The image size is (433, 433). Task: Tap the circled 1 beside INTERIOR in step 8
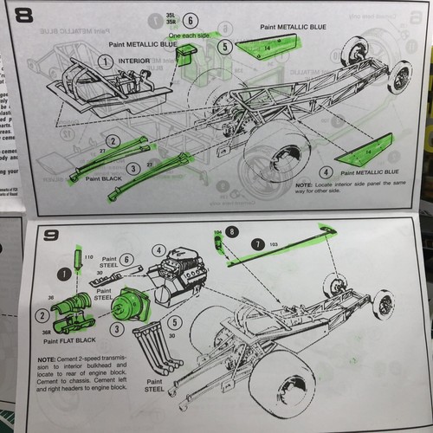tap(105, 61)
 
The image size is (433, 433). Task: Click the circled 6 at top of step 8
tap(191, 19)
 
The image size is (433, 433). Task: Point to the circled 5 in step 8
tap(225, 48)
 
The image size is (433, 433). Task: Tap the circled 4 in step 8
tap(327, 172)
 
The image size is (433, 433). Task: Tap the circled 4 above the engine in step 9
tap(158, 252)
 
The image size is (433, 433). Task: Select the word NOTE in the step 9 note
tap(49, 358)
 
